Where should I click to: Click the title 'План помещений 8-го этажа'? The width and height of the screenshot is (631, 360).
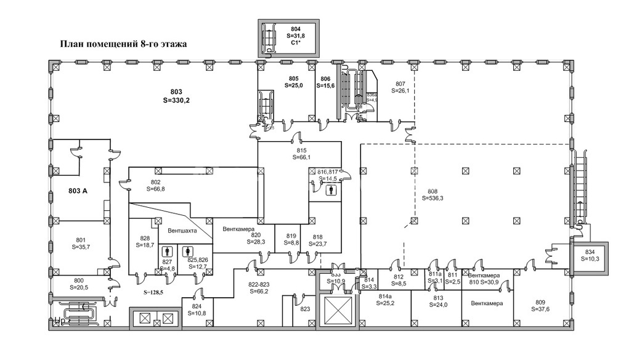123,44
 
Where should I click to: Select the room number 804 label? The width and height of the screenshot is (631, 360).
295,29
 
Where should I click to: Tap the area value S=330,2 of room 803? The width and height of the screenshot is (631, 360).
176,99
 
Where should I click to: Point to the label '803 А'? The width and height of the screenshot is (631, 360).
78,191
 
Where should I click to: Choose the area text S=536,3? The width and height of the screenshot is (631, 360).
433,198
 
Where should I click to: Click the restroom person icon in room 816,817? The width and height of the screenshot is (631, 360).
332,190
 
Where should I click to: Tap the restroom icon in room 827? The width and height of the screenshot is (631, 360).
166,252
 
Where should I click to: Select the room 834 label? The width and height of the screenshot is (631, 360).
590,252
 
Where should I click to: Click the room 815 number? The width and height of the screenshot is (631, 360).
301,150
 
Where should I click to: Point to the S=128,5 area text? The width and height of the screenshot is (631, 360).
154,293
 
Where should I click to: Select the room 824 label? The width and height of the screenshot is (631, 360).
197,306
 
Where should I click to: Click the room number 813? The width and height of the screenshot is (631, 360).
438,298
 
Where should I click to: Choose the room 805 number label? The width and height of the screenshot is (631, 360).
293,78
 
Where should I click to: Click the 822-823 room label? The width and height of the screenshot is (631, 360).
259,284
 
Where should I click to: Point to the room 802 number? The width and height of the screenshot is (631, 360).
155,182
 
